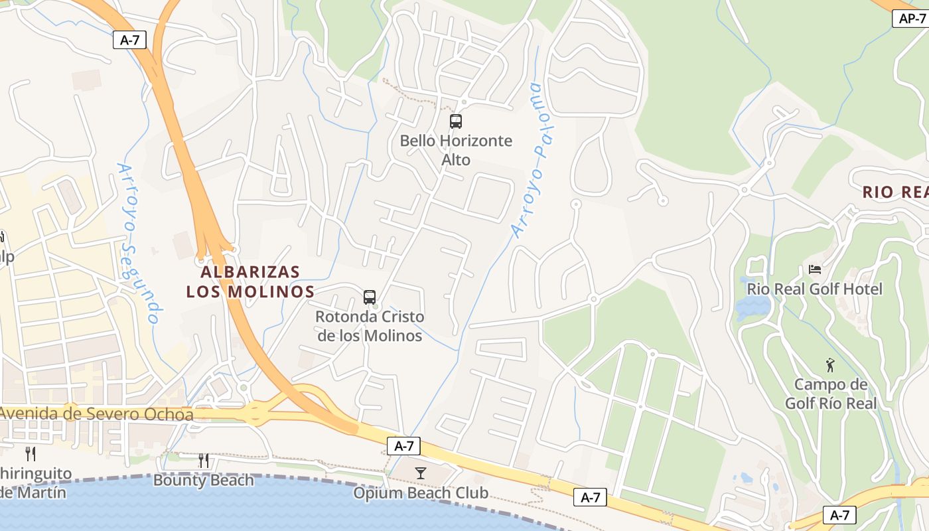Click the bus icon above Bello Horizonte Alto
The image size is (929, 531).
pos(456,121)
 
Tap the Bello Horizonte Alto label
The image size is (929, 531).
pos(456,150)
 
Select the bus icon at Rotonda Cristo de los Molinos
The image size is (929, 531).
pos(370,297)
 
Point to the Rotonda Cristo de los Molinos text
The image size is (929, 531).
pos(370,326)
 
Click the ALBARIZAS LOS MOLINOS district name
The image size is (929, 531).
pos(250,281)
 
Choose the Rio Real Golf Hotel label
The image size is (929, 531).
pos(814,289)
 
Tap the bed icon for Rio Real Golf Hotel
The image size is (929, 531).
pos(815,269)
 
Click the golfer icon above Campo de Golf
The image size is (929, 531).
pos(829,365)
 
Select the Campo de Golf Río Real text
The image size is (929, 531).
pos(831,394)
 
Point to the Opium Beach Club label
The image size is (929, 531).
pos(421,493)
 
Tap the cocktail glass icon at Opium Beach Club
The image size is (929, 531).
pos(421,473)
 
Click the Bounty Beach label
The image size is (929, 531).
pos(204,480)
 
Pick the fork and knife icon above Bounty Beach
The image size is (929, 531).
pos(204,460)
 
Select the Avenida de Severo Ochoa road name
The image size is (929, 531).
pos(97,414)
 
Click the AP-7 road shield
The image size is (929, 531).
pos(911,19)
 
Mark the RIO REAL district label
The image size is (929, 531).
pos(895,192)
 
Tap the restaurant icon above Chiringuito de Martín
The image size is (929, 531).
pos(31,454)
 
